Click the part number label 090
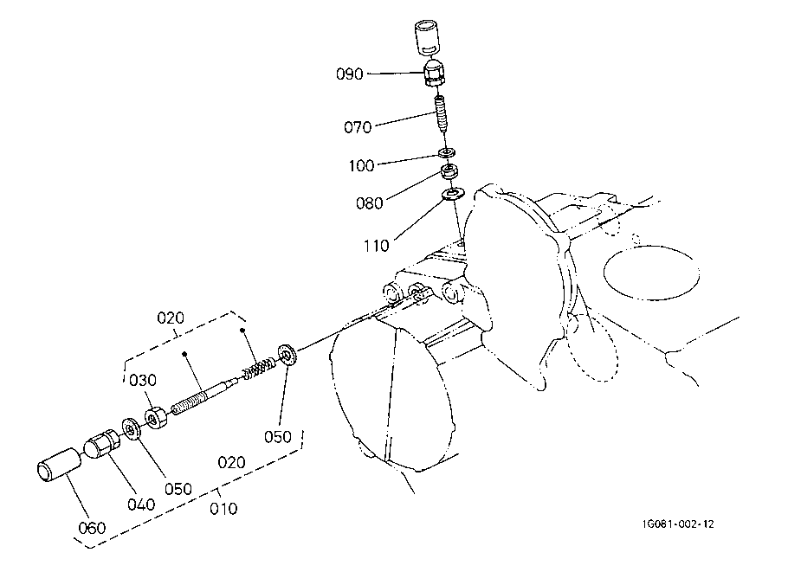tap(349, 74)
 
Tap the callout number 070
tap(357, 127)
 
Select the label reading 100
tap(361, 164)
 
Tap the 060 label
tap(92, 528)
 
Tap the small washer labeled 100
tap(448, 153)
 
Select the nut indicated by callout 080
tap(449, 171)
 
